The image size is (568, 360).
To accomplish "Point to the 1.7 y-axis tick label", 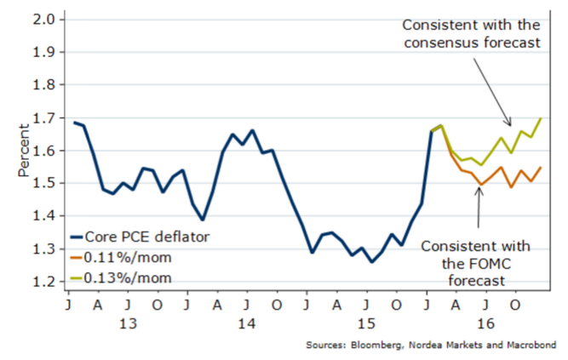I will [43, 117].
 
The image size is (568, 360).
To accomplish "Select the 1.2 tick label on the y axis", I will [43, 282].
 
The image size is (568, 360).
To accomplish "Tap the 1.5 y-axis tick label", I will [43, 183].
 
